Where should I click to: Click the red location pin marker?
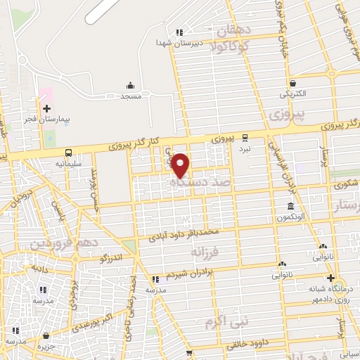click(x=181, y=165)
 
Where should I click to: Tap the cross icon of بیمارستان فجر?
click(x=47, y=109)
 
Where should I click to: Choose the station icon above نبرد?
click(x=245, y=138)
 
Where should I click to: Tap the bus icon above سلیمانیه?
click(x=69, y=153)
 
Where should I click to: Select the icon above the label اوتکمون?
click(x=291, y=207)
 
